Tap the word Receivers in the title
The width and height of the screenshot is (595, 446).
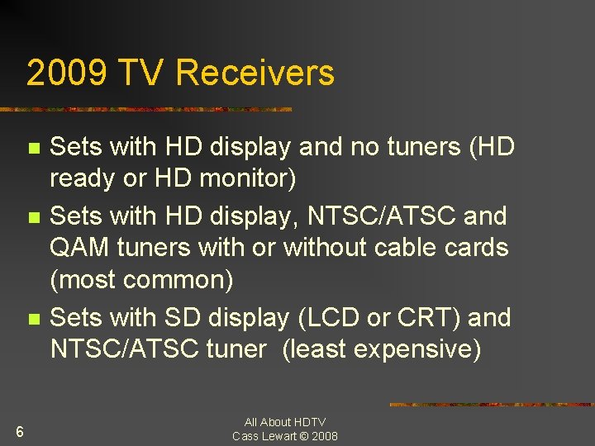tap(255, 73)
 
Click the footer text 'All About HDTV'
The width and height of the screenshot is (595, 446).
tap(285, 422)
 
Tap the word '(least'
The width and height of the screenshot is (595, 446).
tap(311, 349)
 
